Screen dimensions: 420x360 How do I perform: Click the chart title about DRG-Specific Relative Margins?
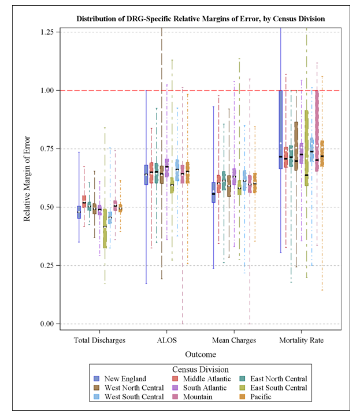click(201, 19)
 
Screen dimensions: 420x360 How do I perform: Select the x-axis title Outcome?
click(201, 354)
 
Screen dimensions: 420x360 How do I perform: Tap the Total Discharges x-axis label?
click(100, 340)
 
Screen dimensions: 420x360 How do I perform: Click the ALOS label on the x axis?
click(167, 340)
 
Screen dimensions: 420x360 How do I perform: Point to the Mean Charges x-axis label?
click(234, 340)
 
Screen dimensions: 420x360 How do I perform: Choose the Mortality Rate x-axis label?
click(301, 340)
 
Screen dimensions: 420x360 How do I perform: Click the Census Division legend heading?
click(201, 369)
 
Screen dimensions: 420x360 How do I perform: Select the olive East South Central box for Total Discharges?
click(105, 228)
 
